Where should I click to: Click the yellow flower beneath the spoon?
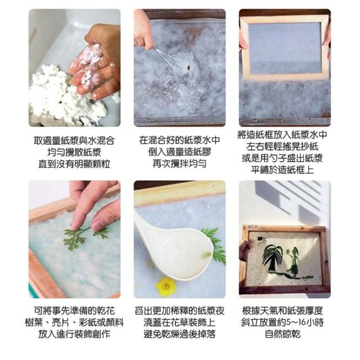(166, 286)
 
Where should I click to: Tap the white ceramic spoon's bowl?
(184, 255)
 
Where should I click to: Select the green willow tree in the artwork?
(272, 258)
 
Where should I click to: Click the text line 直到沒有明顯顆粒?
(74, 164)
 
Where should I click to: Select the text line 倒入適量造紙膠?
(179, 152)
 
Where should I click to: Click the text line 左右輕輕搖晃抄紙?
(282, 146)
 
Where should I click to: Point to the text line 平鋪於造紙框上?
(282, 170)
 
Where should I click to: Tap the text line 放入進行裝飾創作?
(74, 334)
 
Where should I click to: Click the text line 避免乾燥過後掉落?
(179, 334)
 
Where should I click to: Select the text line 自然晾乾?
(282, 334)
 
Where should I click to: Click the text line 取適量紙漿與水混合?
(74, 141)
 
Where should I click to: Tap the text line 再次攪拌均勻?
(179, 164)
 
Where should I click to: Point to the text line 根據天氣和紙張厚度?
(282, 310)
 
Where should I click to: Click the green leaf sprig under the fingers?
(85, 236)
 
